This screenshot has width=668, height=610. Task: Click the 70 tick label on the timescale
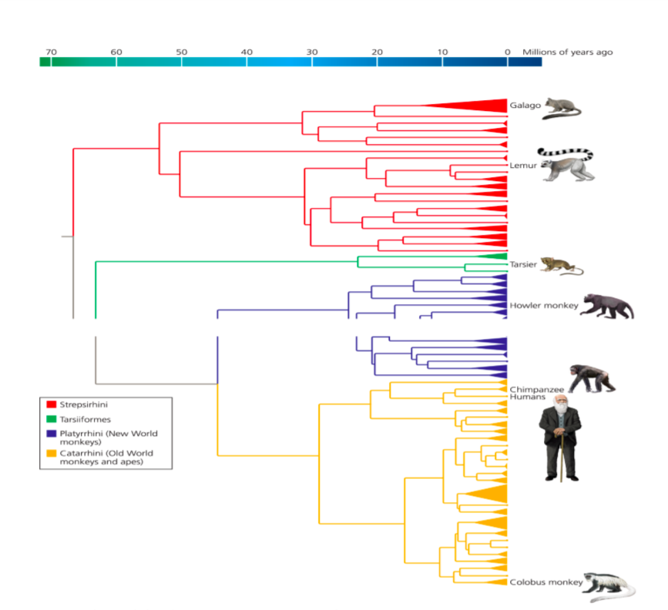pos(51,52)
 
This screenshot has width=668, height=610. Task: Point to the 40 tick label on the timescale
pos(247,52)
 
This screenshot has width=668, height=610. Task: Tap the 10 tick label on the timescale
pos(442,52)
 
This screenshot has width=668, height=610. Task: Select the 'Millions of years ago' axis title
pos(568,52)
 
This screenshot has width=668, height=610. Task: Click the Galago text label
pos(525,106)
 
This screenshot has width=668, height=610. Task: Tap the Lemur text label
pos(524,166)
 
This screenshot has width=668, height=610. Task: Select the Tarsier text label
pos(523,265)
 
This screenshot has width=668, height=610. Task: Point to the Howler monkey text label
pos(543,306)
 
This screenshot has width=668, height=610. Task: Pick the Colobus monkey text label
pos(545,582)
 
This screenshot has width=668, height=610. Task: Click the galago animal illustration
pos(563,109)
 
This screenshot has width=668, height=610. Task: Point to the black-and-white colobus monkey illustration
pos(608,586)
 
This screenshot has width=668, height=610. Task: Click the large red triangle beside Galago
pos(478,106)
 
